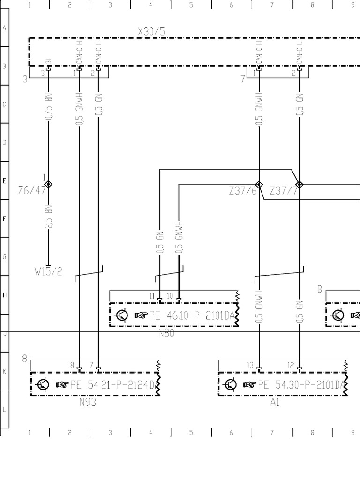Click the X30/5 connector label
pos(151,32)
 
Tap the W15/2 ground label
pos(48,272)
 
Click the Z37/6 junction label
pos(242,191)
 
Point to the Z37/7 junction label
pos(284,191)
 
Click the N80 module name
pos(166,333)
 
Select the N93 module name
pos(88,402)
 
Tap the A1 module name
pos(275,402)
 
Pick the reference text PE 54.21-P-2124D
pos(112,385)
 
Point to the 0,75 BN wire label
pos(48,107)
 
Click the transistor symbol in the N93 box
pos(43,385)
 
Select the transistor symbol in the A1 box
pos(231,385)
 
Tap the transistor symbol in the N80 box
pos(121,315)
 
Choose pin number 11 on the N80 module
pos(152,296)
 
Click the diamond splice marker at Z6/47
pos(48,184)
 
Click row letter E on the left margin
pos(4,181)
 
